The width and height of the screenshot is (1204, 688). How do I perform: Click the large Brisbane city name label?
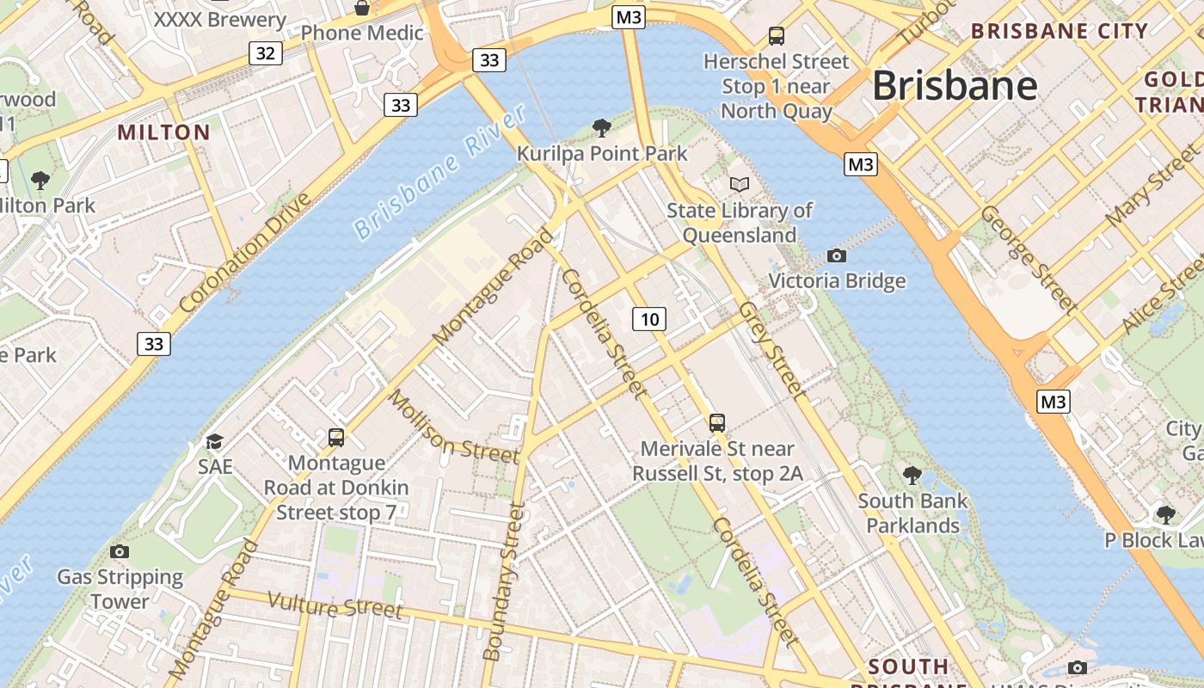(955, 86)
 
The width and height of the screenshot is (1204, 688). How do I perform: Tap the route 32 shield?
(266, 53)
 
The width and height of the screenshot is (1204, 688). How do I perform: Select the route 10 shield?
(649, 320)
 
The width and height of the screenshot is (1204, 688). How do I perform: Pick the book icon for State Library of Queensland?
(739, 184)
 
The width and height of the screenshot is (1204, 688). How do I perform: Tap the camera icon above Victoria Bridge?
(836, 255)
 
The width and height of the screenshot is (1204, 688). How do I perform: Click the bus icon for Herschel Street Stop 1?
(777, 36)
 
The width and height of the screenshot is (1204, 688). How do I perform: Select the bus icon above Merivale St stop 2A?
(717, 423)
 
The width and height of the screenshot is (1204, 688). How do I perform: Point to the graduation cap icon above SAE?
(214, 441)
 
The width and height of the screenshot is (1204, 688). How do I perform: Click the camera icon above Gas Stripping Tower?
(120, 551)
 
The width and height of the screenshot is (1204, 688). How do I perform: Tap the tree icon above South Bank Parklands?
(912, 475)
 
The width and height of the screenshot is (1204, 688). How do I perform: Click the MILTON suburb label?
(163, 132)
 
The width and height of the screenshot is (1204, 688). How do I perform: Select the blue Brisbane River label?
(439, 172)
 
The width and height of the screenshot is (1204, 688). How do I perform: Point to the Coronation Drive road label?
(246, 253)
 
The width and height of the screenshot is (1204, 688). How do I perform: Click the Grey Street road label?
(773, 350)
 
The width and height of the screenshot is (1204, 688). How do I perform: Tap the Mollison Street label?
(453, 426)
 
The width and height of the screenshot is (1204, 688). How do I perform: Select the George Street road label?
(1028, 258)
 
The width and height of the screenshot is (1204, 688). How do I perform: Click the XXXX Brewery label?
(219, 19)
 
